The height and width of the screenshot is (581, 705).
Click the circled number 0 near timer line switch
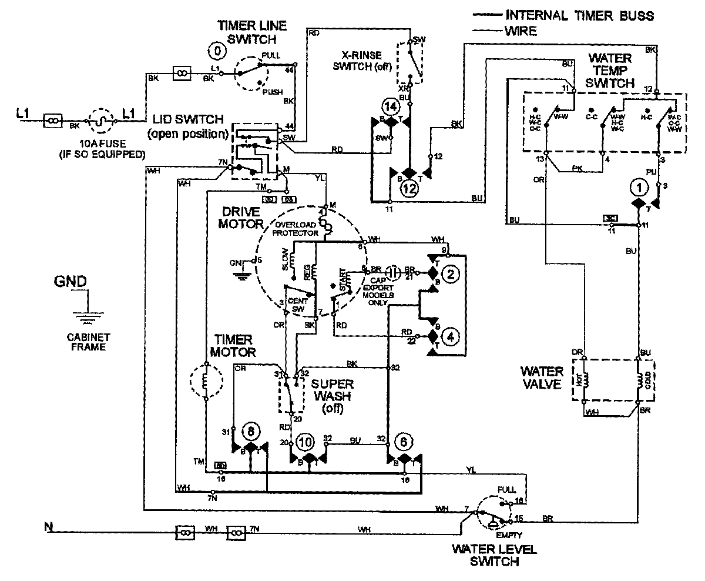tap(217, 51)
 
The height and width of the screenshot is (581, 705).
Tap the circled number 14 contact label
tap(390, 107)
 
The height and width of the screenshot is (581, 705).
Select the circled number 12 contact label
tap(409, 189)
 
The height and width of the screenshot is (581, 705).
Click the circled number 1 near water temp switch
tap(637, 187)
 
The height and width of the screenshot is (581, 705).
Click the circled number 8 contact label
tap(251, 432)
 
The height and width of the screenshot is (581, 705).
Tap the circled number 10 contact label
tap(305, 442)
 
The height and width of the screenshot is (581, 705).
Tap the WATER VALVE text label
tap(541, 379)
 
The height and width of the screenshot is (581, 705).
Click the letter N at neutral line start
tap(48, 526)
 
